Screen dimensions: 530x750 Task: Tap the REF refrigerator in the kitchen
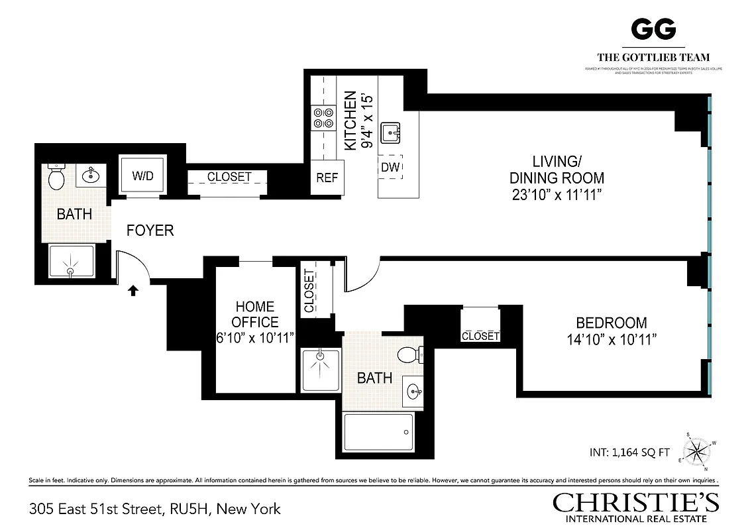[x=327, y=178]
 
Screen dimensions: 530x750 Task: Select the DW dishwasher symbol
[x=390, y=168]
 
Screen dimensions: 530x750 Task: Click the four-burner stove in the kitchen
[x=323, y=118]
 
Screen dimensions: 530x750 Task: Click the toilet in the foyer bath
[x=56, y=176]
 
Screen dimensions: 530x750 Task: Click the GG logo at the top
[x=653, y=28]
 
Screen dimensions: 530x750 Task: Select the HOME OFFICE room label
[x=255, y=315]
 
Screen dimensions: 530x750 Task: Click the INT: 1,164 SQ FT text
[x=629, y=454]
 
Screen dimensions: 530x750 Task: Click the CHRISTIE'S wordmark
[x=636, y=502]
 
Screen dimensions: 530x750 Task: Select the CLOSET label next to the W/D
[x=229, y=177]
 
